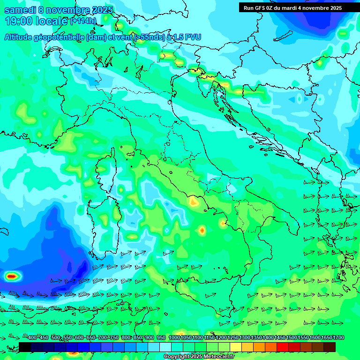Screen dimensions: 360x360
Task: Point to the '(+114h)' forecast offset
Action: pyautogui.click(x=84, y=21)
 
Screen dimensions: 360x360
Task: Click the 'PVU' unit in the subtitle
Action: pyautogui.click(x=192, y=37)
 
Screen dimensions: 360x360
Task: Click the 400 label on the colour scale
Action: pyautogui.click(x=32, y=338)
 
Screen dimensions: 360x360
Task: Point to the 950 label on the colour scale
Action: pyautogui.click(x=161, y=338)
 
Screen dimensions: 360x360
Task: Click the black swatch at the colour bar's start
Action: pyautogui.click(x=25, y=347)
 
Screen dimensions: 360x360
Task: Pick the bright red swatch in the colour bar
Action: pyautogui.click(x=283, y=347)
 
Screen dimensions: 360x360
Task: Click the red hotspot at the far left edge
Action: pyautogui.click(x=12, y=277)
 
